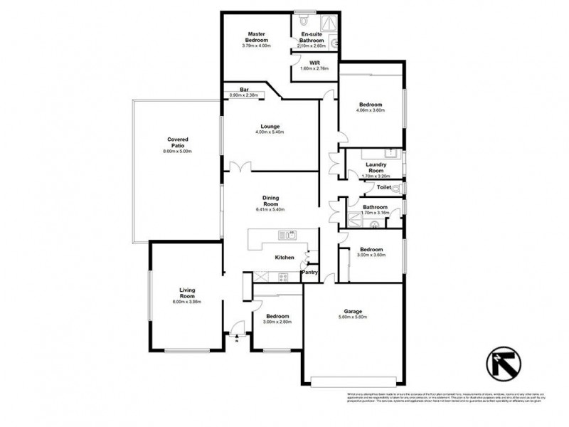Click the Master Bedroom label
[x=256, y=37]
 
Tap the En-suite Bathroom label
[x=313, y=38]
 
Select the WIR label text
[x=314, y=63]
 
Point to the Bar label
[x=244, y=89]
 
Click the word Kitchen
[x=284, y=257]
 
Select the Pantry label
[x=309, y=272]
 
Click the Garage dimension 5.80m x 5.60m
[x=353, y=318]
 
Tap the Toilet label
[x=384, y=187]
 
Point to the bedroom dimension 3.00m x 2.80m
[x=277, y=322]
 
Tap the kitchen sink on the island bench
[x=287, y=234]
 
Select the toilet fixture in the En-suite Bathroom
[x=303, y=21]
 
